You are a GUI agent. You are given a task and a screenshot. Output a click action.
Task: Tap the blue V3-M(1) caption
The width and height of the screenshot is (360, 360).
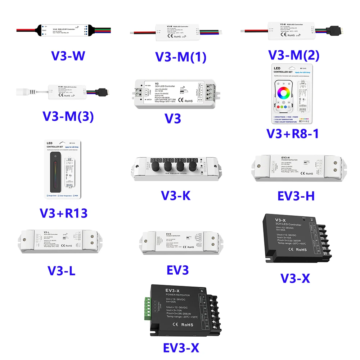[184, 57]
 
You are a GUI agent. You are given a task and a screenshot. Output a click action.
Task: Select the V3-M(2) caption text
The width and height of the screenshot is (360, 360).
[294, 55]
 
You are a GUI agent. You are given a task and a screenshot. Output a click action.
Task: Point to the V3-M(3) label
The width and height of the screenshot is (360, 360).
[69, 116]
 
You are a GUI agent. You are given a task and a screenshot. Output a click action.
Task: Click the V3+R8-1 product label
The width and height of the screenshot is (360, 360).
[292, 133]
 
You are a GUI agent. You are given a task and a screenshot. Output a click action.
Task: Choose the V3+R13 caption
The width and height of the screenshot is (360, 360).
[63, 213]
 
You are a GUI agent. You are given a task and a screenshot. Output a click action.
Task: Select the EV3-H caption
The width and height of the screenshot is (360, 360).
[296, 195]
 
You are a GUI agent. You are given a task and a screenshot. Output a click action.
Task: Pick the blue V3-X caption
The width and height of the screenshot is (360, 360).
[295, 278]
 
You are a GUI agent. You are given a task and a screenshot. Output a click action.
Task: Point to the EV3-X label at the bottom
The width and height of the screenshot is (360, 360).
[181, 347]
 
